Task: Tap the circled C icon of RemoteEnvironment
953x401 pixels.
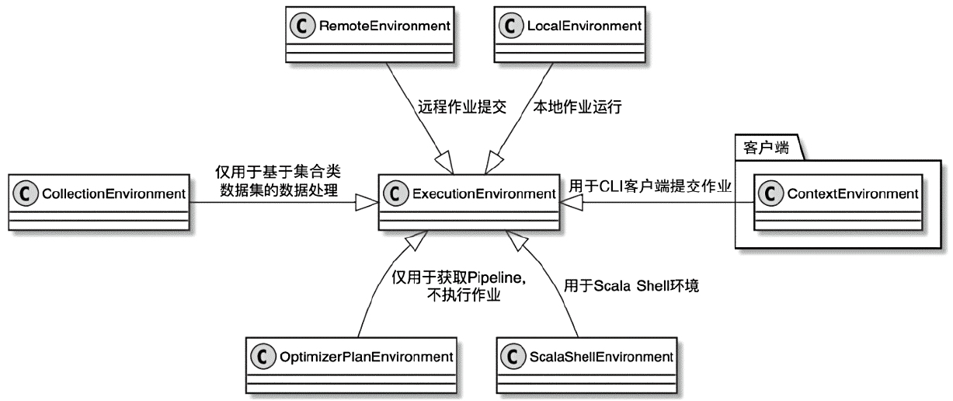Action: pyautogui.click(x=302, y=26)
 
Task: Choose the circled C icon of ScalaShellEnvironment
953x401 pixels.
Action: pyautogui.click(x=513, y=357)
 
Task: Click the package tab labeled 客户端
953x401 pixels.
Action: pyautogui.click(x=766, y=148)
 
